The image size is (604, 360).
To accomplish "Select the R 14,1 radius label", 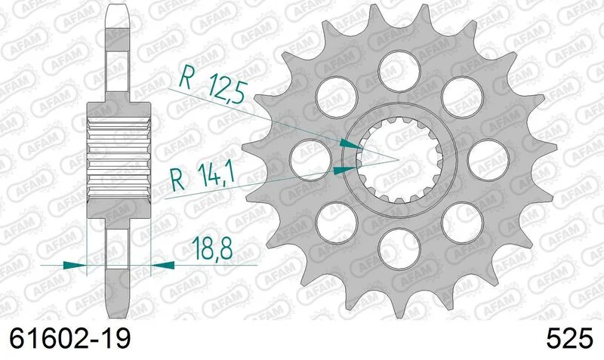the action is pos(202,177).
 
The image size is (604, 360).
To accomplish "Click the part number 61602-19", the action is pos(69,339).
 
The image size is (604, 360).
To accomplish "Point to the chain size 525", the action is pos(569,339).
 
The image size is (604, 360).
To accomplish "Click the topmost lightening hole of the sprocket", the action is pos(399,71).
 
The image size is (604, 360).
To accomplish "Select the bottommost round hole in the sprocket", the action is pos(399,249).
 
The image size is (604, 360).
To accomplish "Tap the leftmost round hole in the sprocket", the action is pos(310,160).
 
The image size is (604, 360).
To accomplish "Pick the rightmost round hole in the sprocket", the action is pos(488,160).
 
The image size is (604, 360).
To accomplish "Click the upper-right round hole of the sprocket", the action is pos(462,97).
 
